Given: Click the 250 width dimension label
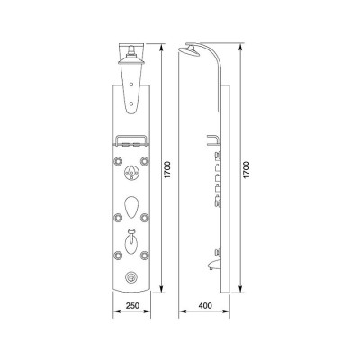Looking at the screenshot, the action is tap(132, 306).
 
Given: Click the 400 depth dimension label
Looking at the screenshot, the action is tap(205, 306).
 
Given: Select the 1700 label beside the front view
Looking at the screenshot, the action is tap(167, 170).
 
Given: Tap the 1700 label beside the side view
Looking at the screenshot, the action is tap(247, 170).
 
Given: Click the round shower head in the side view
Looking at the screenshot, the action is tap(189, 51).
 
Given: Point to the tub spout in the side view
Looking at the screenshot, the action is tap(212, 265).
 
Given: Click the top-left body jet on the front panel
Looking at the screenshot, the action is tap(118, 161).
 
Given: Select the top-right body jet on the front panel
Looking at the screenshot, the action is tap(145, 161).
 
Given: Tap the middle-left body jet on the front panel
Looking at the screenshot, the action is tap(118, 217).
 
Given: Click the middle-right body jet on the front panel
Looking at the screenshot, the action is tap(145, 217).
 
